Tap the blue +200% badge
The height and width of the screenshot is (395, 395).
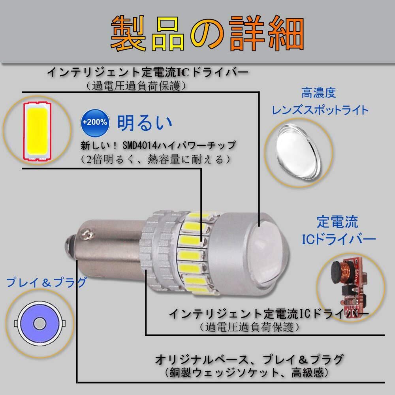[95, 122]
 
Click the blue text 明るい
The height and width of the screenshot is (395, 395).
[145, 122]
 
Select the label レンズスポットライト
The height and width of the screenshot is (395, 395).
[319, 110]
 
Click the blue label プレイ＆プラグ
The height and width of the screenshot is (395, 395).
[45, 282]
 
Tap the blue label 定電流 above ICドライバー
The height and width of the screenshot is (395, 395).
[337, 222]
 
